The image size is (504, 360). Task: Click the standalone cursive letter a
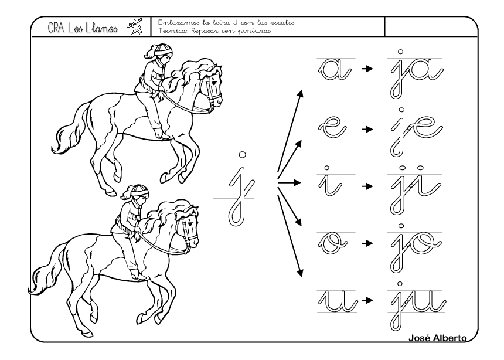pos(334,70)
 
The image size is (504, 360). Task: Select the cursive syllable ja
pos(417,73)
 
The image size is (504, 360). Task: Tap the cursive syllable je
pos(417,131)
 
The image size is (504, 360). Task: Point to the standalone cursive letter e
pos(332,127)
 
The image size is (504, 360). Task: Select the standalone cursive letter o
pos(332,243)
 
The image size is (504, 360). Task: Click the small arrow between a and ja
pos(367,69)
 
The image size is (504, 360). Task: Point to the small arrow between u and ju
pos(367,300)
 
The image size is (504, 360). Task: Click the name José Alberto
pos(437,338)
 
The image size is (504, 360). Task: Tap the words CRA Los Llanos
pos(83,28)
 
